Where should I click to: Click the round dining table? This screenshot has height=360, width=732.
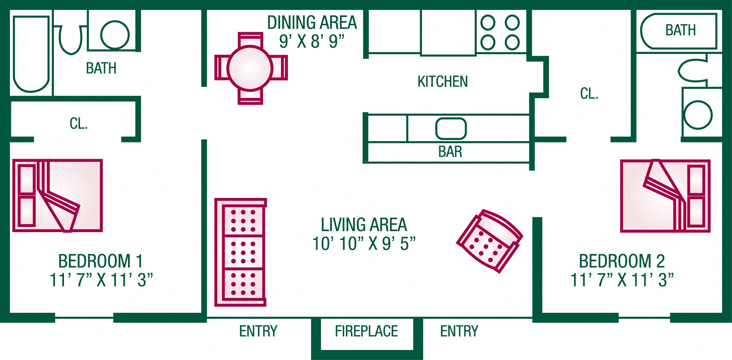click(250, 68)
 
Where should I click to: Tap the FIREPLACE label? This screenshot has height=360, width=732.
click(366, 331)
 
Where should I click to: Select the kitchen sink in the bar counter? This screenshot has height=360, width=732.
click(451, 128)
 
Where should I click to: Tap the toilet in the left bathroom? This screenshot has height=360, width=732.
click(71, 39)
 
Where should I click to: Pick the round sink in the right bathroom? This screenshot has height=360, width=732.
click(698, 115)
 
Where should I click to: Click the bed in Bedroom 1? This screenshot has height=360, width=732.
click(58, 195)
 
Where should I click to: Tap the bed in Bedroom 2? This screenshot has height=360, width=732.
click(665, 196)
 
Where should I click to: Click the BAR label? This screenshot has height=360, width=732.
click(450, 152)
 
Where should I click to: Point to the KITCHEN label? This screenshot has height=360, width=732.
click(443, 82)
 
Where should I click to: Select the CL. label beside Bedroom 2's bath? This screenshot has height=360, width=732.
click(589, 94)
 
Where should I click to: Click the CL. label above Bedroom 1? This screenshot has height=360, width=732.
click(79, 124)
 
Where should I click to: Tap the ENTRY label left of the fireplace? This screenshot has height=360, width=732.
click(258, 331)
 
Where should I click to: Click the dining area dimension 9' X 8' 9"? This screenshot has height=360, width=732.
click(312, 41)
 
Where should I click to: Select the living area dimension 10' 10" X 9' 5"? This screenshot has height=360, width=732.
click(364, 243)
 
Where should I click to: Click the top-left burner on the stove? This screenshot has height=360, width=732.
click(488, 22)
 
